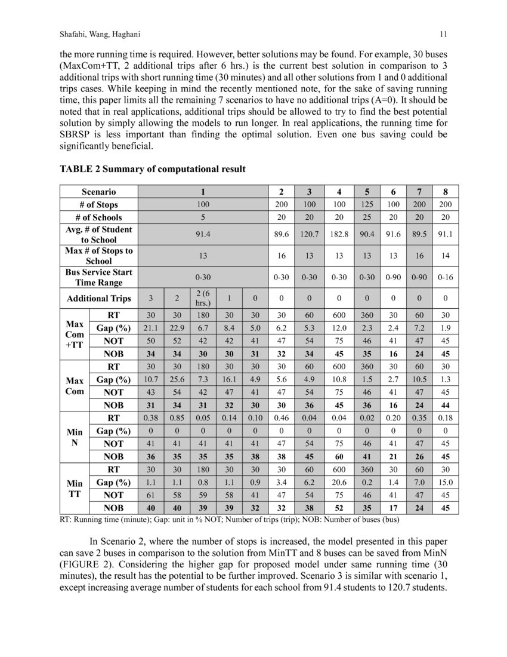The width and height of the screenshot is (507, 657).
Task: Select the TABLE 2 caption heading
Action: point(152,169)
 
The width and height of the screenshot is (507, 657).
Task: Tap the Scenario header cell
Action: point(98,192)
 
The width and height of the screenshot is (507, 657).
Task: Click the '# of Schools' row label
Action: point(98,217)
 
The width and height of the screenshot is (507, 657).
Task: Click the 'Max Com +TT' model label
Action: point(74,334)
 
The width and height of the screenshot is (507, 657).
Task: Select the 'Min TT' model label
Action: point(74,489)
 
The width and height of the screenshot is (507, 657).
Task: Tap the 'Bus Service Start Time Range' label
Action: point(98,278)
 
